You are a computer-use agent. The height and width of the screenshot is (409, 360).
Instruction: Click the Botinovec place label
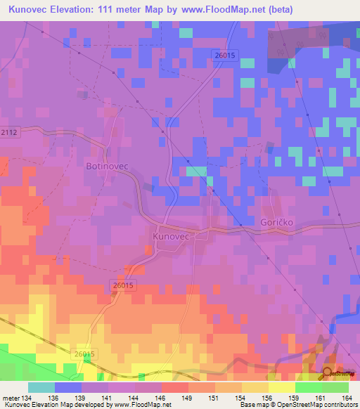106,167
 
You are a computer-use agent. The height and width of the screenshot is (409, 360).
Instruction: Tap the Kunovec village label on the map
172,238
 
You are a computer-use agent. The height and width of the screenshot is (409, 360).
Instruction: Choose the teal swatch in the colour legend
41,387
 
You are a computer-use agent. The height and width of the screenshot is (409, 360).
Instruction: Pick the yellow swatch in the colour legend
281,387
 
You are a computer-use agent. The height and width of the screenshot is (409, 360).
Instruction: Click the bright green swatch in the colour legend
308,387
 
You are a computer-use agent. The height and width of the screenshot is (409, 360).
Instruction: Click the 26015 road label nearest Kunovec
122,285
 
